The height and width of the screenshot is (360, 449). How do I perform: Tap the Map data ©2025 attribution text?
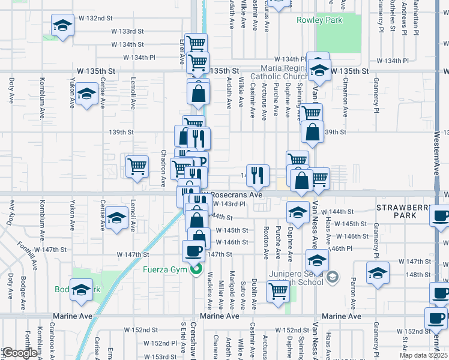pos(424,355)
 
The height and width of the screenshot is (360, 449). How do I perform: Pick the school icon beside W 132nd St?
pos(62,26)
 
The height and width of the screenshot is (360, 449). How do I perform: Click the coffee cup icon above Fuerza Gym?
pos(193,250)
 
